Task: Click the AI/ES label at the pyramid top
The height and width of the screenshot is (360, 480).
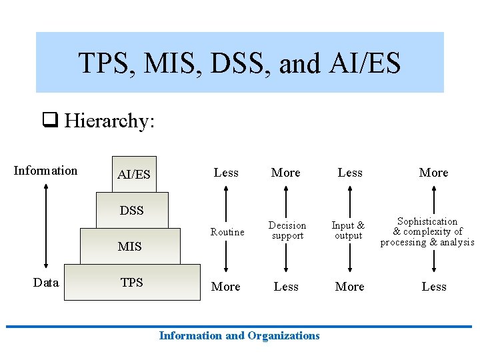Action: tap(133, 175)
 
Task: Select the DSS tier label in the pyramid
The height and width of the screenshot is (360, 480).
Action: tap(132, 211)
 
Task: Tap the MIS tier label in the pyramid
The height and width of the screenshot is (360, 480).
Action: tap(129, 247)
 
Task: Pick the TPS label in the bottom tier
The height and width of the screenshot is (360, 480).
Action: tap(132, 283)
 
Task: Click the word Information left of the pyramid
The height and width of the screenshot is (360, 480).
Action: tap(45, 171)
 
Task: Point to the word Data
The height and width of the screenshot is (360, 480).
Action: tap(45, 283)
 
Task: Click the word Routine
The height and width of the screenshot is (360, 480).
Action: tap(227, 232)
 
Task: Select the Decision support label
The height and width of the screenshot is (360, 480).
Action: tap(287, 231)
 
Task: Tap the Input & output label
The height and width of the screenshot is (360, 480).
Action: tap(348, 231)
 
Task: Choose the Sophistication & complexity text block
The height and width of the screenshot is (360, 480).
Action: tap(427, 231)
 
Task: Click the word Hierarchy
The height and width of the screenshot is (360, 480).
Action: tap(109, 121)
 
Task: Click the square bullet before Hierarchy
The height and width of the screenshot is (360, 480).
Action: tap(49, 121)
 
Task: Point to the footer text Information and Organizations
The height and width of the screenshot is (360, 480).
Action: tap(239, 336)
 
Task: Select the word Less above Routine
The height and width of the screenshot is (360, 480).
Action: tap(226, 173)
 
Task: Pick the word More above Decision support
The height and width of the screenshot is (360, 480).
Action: tap(286, 173)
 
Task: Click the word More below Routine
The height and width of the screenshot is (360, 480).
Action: tap(226, 287)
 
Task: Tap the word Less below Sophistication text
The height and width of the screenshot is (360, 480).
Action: tap(434, 287)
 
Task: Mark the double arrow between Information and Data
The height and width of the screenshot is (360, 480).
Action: tap(45, 226)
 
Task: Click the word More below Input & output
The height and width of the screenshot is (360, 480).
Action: tap(350, 287)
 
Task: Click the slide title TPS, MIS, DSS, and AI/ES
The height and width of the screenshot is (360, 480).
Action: tap(239, 63)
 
